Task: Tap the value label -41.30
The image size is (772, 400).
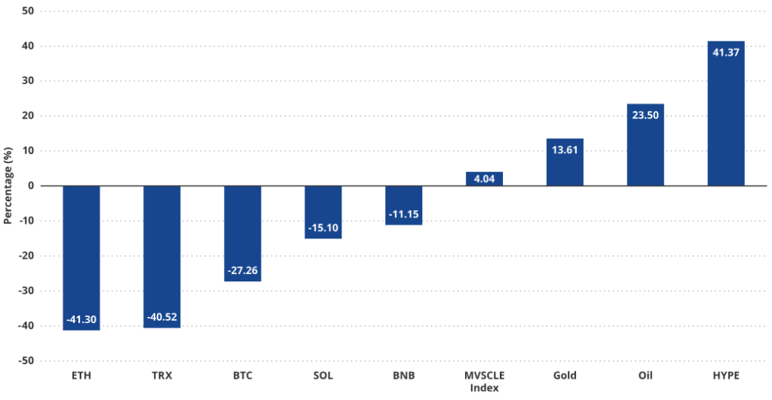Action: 81,320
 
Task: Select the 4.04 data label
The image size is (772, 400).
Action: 484,180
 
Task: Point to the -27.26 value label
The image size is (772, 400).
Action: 243,270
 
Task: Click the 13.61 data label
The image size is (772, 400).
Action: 565,149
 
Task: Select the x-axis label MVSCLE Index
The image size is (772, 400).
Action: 484,381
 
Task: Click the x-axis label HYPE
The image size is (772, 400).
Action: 726,375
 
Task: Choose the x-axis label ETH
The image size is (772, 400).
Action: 81,375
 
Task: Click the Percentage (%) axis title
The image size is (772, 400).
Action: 8,186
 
